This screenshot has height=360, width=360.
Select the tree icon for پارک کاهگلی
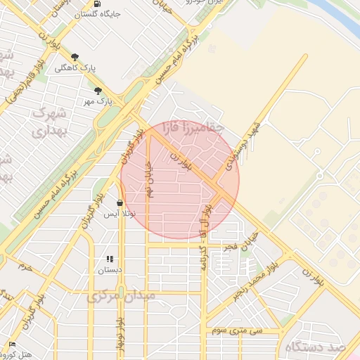point(75,58)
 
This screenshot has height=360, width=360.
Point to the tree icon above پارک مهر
point(98,91)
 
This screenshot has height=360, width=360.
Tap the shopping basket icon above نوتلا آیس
point(120,203)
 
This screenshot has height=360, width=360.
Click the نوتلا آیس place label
point(120,214)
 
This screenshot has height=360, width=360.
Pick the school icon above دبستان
point(109,259)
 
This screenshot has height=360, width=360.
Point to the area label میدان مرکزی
point(120,297)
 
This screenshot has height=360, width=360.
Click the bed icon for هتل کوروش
point(11,344)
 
